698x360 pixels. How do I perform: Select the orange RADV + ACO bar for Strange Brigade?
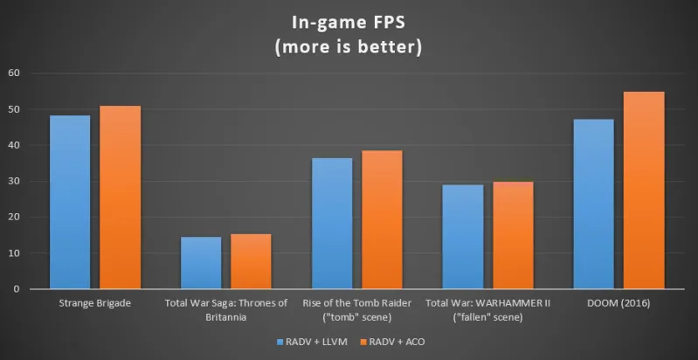pyautogui.click(x=120, y=197)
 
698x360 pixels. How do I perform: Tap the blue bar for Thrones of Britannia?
pyautogui.click(x=201, y=262)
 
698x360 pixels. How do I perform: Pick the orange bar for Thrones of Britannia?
pyautogui.click(x=251, y=261)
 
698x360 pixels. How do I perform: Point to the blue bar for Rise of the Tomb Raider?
pyautogui.click(x=332, y=223)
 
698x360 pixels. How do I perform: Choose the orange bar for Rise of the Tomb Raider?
pyautogui.click(x=382, y=219)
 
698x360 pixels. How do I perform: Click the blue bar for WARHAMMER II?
pyautogui.click(x=463, y=236)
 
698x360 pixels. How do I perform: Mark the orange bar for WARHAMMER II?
pyautogui.click(x=513, y=235)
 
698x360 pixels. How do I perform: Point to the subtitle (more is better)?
pyautogui.click(x=349, y=46)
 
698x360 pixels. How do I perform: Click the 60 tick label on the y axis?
pyautogui.click(x=13, y=73)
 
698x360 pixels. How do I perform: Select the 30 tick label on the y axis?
pyautogui.click(x=13, y=181)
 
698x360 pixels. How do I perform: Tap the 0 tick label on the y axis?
pyautogui.click(x=17, y=289)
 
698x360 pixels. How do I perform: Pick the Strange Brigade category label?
pyautogui.click(x=94, y=303)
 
